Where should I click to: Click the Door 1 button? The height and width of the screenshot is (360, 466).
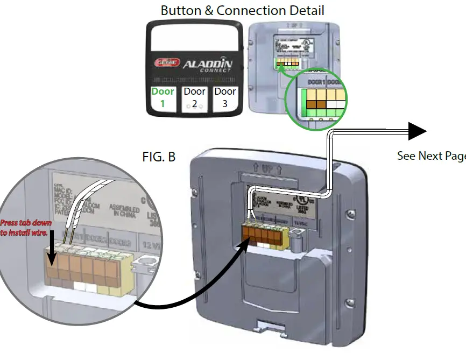[163, 97]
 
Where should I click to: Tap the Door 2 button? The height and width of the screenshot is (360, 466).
[194, 97]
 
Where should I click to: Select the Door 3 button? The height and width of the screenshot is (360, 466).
[225, 97]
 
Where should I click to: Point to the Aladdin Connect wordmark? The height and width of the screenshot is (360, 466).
[208, 66]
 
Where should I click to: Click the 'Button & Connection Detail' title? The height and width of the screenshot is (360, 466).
[242, 10]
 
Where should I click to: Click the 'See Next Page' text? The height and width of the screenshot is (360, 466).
[431, 156]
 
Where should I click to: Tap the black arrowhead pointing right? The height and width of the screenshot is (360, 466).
[416, 131]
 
